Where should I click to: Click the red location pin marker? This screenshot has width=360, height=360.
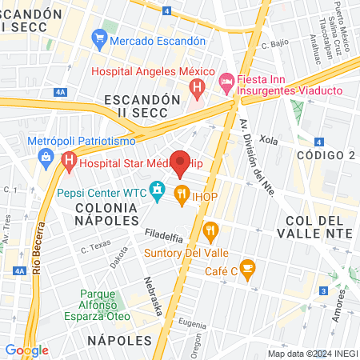click(181, 164)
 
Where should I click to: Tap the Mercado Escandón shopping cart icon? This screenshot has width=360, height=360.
click(99, 38)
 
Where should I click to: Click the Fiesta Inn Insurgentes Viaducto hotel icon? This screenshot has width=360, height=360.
click(226, 81)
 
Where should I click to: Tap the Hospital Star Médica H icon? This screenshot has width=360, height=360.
click(68, 163)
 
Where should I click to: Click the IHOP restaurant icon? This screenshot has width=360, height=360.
click(182, 193)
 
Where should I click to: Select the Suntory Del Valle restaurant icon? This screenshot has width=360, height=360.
click(211, 231)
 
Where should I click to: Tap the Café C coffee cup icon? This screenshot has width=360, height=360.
click(247, 266)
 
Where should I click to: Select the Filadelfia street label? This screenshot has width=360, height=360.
click(165, 234)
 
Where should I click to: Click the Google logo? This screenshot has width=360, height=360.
click(26, 350)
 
